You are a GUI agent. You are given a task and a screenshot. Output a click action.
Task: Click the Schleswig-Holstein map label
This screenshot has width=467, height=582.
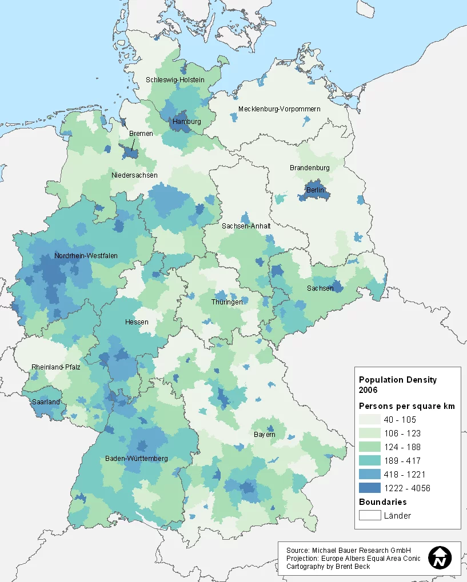pos(175,80)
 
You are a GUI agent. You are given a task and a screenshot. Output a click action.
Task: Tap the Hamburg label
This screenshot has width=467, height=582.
pos(186,122)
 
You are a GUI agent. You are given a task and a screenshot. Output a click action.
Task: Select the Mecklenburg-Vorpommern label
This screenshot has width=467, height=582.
pos(279,109)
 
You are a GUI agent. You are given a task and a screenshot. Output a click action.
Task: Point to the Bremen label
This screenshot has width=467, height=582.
pos(141,134)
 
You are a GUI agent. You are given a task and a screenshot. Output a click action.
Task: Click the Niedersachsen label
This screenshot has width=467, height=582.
pos(134,175)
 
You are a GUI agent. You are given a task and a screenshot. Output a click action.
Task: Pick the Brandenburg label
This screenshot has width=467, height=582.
pos(310,168)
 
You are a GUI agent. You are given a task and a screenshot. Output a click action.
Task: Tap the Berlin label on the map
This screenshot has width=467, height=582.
pos(315,190)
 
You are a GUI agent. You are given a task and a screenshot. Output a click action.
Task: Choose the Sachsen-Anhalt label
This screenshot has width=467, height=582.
pos(246,226)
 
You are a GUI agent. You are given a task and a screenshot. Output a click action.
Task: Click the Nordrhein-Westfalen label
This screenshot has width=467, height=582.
pos(86,256)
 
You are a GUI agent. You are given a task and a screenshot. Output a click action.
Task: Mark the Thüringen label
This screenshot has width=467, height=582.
pos(227,302)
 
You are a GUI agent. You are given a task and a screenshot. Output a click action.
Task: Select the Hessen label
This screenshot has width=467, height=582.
pos(137,322)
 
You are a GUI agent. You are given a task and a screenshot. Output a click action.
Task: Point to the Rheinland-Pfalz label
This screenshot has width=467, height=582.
pos(55,367)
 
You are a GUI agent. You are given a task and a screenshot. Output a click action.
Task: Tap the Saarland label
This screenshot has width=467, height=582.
pos(46,402)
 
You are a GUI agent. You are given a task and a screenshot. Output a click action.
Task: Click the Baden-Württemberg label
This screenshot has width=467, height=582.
pos(136,459)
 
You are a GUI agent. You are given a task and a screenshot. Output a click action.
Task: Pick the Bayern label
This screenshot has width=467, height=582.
pos(264,435)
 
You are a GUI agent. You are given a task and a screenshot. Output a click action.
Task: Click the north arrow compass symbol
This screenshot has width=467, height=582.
pos(440,557)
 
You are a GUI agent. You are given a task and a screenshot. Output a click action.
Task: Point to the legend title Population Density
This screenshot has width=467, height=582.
pos(397,379)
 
